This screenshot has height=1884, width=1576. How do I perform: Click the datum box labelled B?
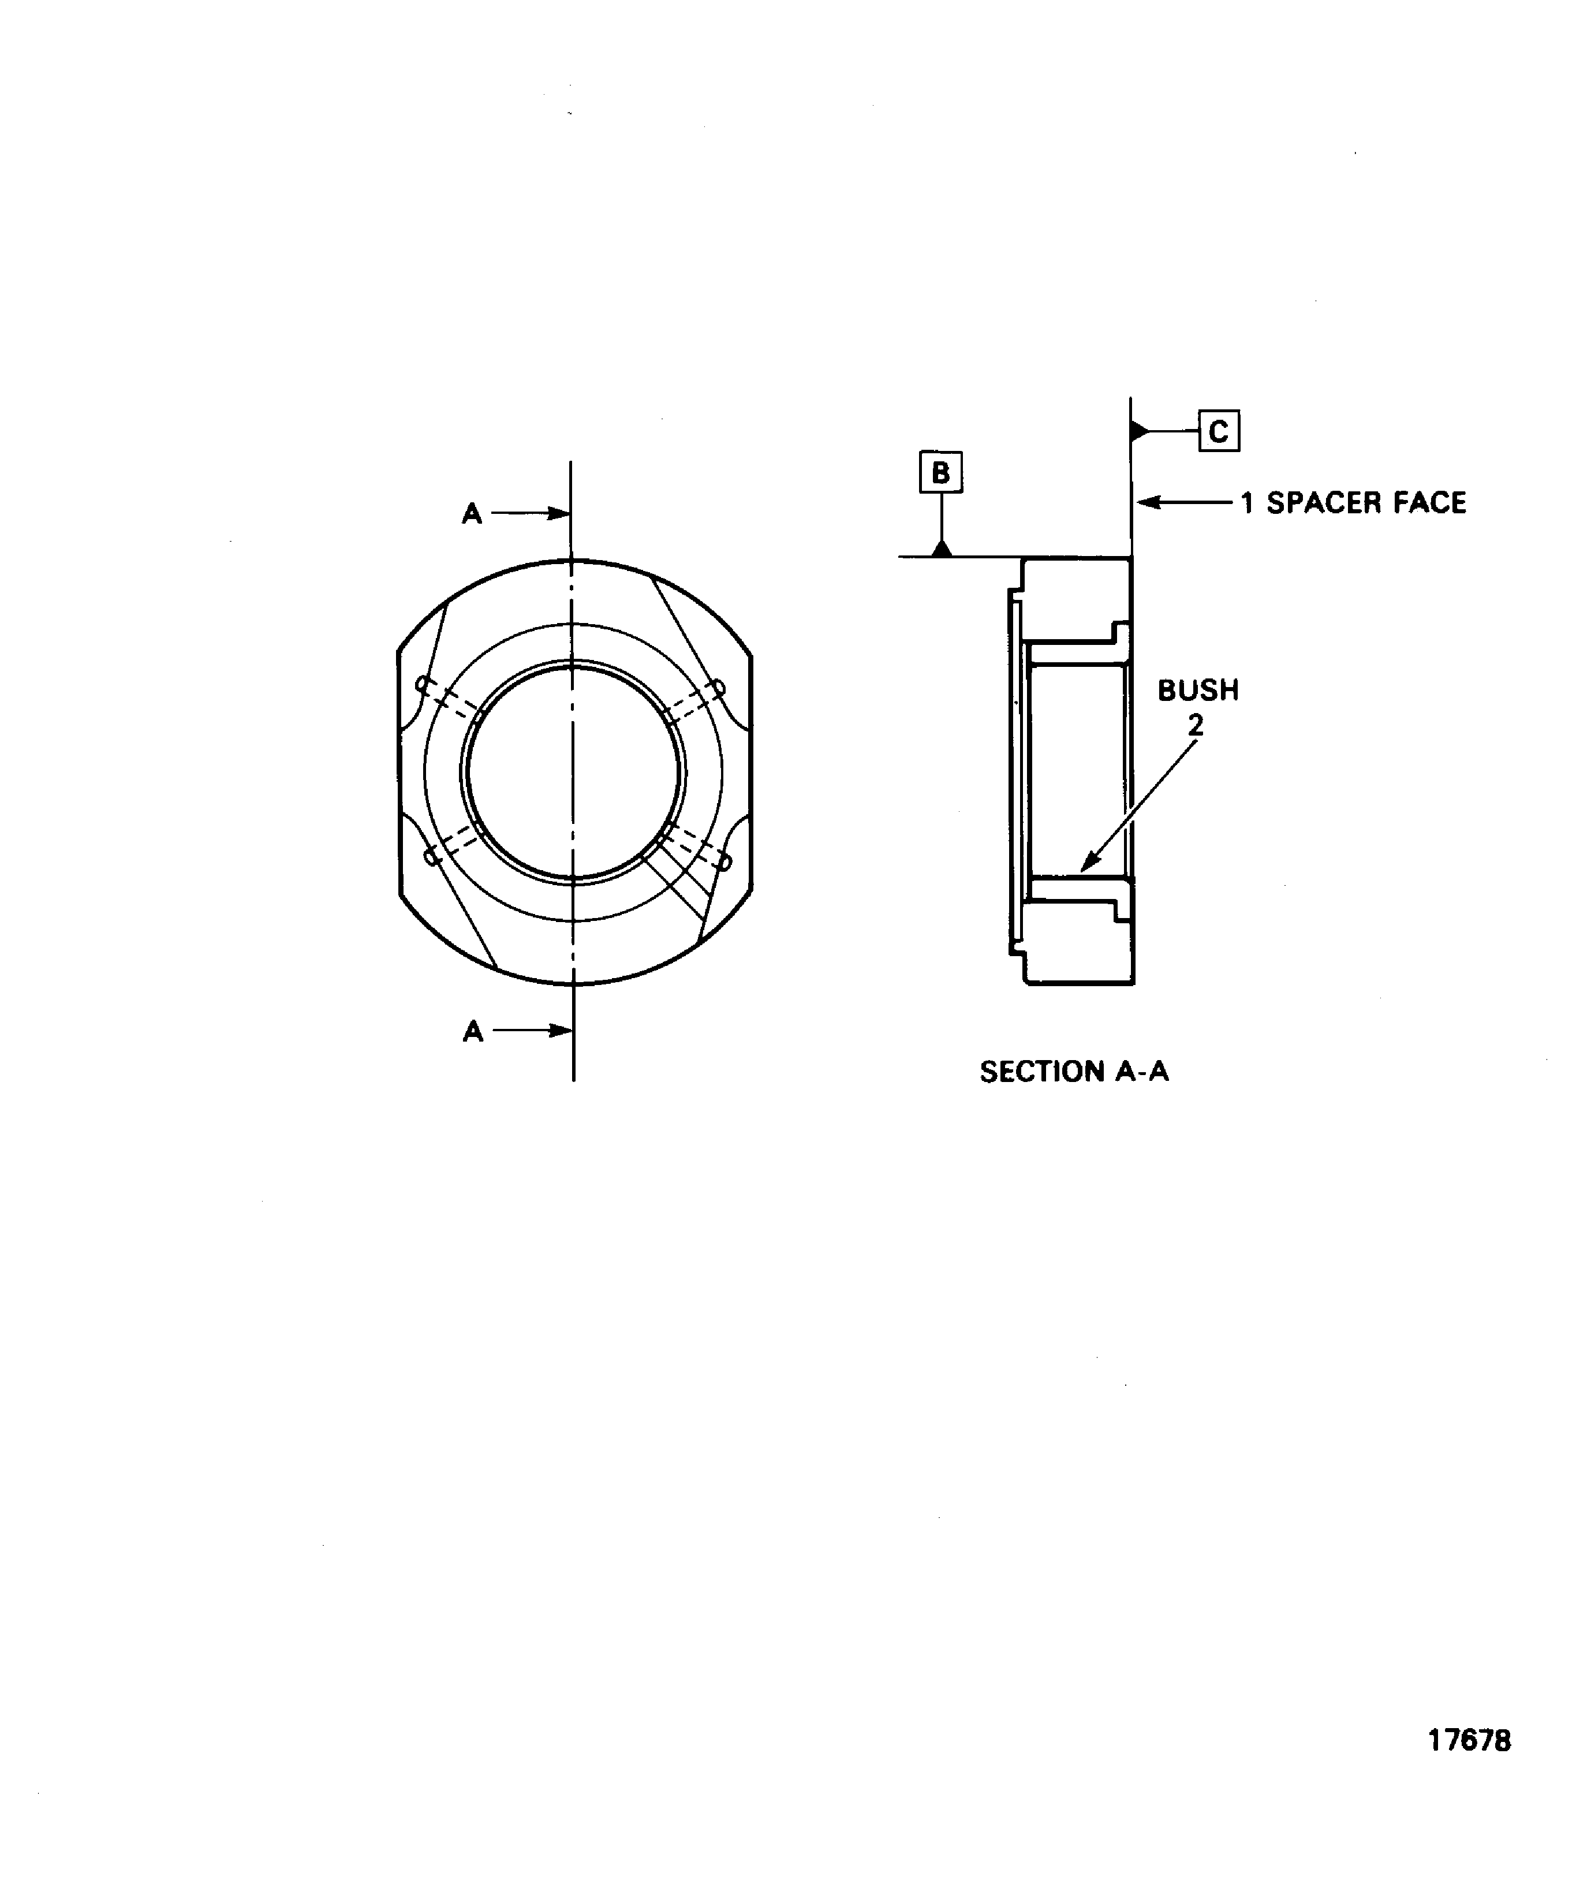coord(940,472)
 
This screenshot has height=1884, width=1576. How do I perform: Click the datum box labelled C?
coord(1218,431)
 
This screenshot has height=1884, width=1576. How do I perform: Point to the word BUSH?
coord(1197,690)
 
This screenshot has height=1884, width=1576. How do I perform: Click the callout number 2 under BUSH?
coord(1195,725)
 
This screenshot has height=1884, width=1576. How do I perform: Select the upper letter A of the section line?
coord(472,514)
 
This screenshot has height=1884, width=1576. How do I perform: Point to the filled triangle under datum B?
coord(941,548)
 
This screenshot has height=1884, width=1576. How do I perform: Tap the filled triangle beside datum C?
coord(1139,431)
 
